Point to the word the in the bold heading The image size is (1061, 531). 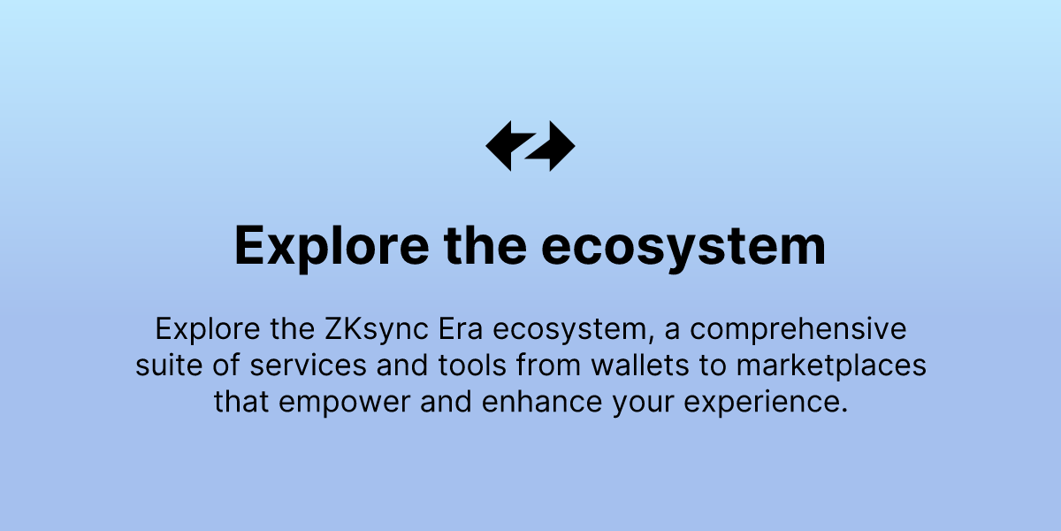point(483,246)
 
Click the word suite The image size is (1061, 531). point(165,366)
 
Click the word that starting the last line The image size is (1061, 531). point(242,401)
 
